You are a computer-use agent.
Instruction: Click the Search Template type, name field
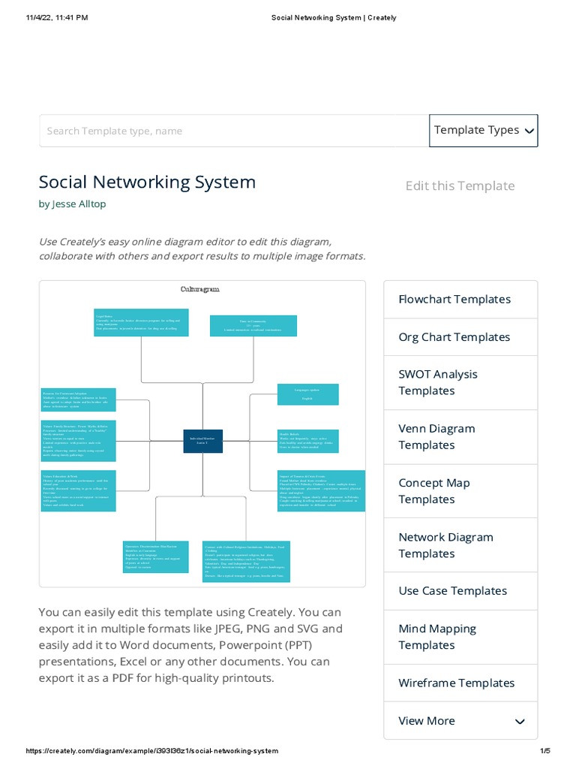pyautogui.click(x=233, y=131)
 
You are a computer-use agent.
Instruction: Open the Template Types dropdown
pyautogui.click(x=484, y=131)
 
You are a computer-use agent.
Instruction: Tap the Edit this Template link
pyautogui.click(x=460, y=185)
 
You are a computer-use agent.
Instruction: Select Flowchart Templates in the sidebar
pyautogui.click(x=454, y=299)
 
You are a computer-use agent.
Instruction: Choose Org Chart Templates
pyautogui.click(x=454, y=337)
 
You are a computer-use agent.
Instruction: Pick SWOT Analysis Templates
pyautogui.click(x=438, y=382)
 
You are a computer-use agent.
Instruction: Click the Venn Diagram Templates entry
pyautogui.click(x=436, y=436)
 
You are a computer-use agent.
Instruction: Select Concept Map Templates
pyautogui.click(x=434, y=490)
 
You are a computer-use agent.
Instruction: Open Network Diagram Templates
pyautogui.click(x=445, y=544)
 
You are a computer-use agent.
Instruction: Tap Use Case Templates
pyautogui.click(x=453, y=591)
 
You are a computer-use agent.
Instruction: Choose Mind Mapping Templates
pyautogui.click(x=437, y=637)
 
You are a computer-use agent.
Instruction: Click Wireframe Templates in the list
pyautogui.click(x=456, y=683)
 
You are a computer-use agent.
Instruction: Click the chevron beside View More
pyautogui.click(x=520, y=722)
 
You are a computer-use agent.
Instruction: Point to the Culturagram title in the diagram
pyautogui.click(x=200, y=289)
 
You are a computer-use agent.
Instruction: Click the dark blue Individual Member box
pyautogui.click(x=202, y=442)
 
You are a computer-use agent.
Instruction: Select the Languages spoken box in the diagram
pyautogui.click(x=307, y=394)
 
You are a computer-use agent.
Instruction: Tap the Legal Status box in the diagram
pyautogui.click(x=142, y=322)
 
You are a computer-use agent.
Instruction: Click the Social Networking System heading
pyautogui.click(x=147, y=182)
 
